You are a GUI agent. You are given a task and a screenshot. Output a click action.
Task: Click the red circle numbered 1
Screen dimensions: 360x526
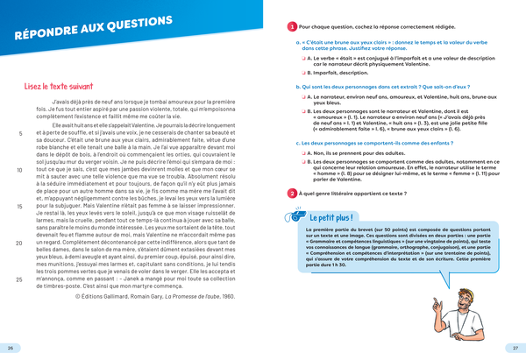point(292,27)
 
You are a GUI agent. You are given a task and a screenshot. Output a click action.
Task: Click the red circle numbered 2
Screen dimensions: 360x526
point(292,193)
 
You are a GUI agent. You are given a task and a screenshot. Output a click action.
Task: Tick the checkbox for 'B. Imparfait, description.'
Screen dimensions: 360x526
point(302,74)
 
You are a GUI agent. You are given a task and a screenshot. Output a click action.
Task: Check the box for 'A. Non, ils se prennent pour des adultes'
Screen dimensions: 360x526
point(302,152)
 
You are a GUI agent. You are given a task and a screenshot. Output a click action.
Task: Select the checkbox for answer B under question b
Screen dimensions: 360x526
point(302,113)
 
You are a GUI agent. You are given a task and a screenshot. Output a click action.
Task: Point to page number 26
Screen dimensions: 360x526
point(10,349)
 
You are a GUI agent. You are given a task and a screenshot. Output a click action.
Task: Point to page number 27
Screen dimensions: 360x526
point(515,349)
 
